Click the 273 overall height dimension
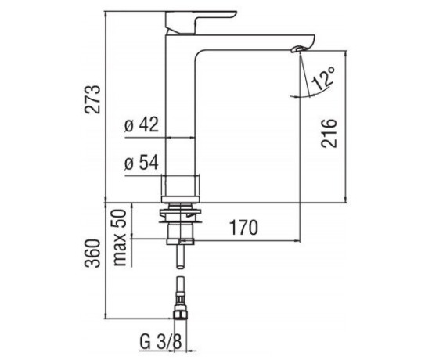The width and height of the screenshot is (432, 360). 92,99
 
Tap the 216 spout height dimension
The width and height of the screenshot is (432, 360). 329,133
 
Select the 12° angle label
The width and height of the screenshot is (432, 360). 323,78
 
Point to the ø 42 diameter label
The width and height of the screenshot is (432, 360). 142,124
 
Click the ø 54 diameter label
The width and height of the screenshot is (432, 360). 142,163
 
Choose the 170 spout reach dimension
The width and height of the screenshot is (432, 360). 244,228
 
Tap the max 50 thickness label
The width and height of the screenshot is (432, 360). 120,237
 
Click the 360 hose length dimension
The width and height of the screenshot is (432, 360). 92,253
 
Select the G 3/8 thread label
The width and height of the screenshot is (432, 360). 161,341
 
